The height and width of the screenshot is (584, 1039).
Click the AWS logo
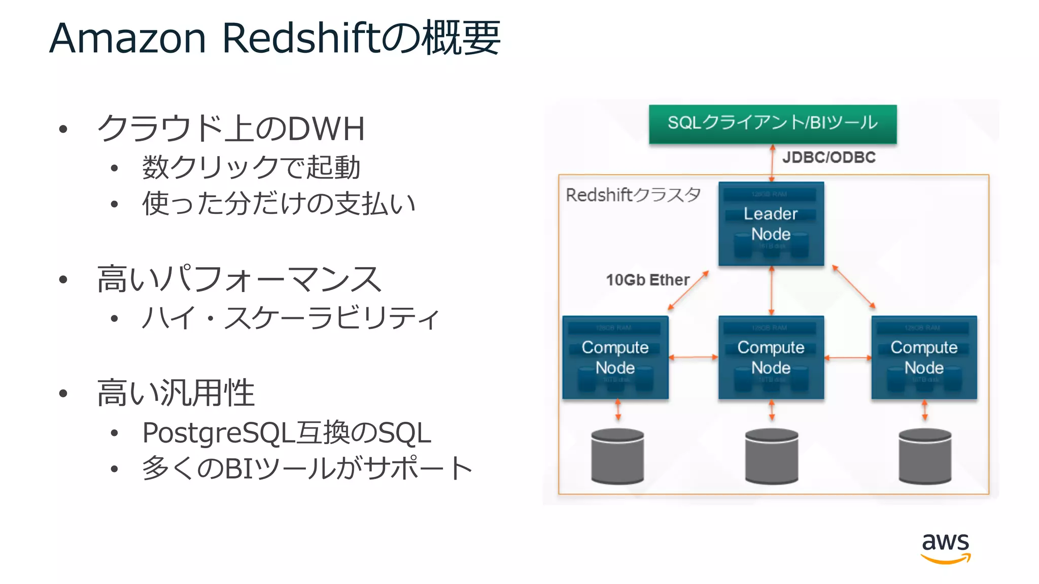[x=945, y=547]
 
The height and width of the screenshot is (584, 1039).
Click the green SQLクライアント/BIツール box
[x=773, y=124]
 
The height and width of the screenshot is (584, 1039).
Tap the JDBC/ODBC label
[x=828, y=157]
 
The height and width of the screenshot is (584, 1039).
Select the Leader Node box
[x=771, y=224]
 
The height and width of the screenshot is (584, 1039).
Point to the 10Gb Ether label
[x=647, y=280]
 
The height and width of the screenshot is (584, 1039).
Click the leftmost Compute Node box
[x=615, y=357]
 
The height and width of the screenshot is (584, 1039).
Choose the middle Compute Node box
[x=771, y=357]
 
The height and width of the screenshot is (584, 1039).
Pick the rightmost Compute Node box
[x=924, y=357]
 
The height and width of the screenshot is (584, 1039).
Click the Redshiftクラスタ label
[x=633, y=195]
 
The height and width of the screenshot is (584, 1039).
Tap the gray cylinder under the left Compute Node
[x=617, y=456]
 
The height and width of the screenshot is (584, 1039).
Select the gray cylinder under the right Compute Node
[x=924, y=456]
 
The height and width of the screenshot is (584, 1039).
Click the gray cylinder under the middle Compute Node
[x=771, y=456]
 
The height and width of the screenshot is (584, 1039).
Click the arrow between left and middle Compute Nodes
[x=693, y=357]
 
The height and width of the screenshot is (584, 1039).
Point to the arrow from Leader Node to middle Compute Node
[x=772, y=290]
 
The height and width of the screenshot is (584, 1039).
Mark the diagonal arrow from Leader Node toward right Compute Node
[x=854, y=286]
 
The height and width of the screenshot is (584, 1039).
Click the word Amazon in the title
[x=127, y=39]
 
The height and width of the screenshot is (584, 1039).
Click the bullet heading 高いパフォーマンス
[x=238, y=279]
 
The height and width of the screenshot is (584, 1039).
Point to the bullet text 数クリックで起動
[x=251, y=167]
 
